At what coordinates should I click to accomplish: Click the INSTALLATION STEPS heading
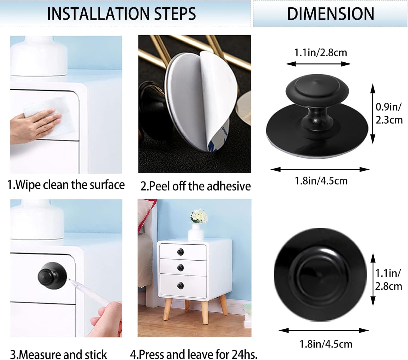coord(121,14)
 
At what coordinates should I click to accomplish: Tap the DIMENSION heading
coord(330,14)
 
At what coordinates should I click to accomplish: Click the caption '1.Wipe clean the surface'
coord(66,185)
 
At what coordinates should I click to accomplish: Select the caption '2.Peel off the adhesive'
coord(195,186)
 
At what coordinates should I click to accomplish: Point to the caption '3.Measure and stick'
coord(58,354)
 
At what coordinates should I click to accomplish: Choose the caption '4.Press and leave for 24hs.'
coord(194,354)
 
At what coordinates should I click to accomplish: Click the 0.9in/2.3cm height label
coord(389,113)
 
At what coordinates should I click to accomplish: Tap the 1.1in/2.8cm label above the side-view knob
coord(321,53)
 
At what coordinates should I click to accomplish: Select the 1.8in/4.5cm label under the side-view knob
coord(321,181)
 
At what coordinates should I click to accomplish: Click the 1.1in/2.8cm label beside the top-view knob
coord(388,279)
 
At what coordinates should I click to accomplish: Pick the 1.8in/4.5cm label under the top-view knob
coord(326,344)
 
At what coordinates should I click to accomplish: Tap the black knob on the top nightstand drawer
coord(180,252)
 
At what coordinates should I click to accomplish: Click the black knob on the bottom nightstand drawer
coord(180,286)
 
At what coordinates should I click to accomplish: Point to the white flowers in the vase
coord(199,216)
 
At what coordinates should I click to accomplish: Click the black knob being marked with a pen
coord(52,276)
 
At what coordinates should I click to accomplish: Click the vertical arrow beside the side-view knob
coord(373,114)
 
